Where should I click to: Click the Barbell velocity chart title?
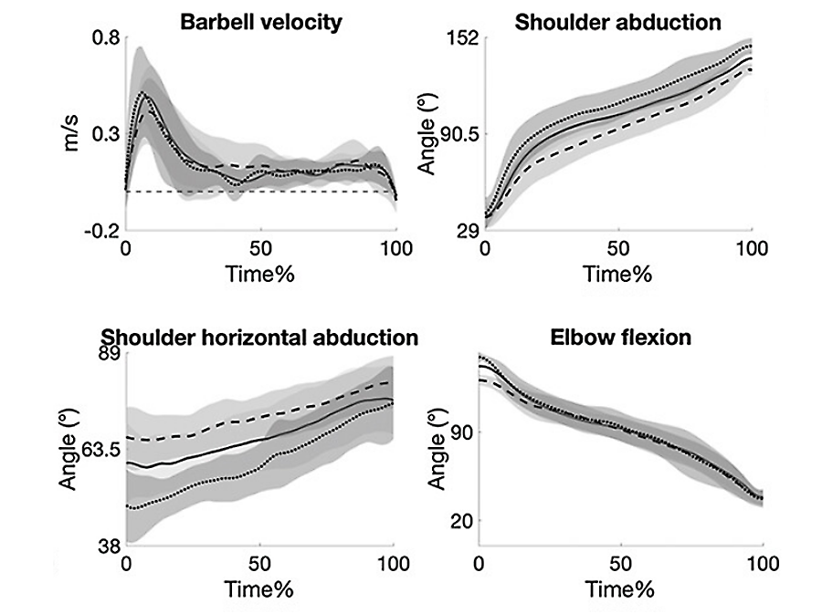(x=260, y=21)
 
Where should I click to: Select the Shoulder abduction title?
(x=618, y=23)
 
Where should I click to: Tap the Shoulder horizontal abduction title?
(x=258, y=338)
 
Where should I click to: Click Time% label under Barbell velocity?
(x=260, y=273)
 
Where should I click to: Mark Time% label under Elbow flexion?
(x=620, y=588)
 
